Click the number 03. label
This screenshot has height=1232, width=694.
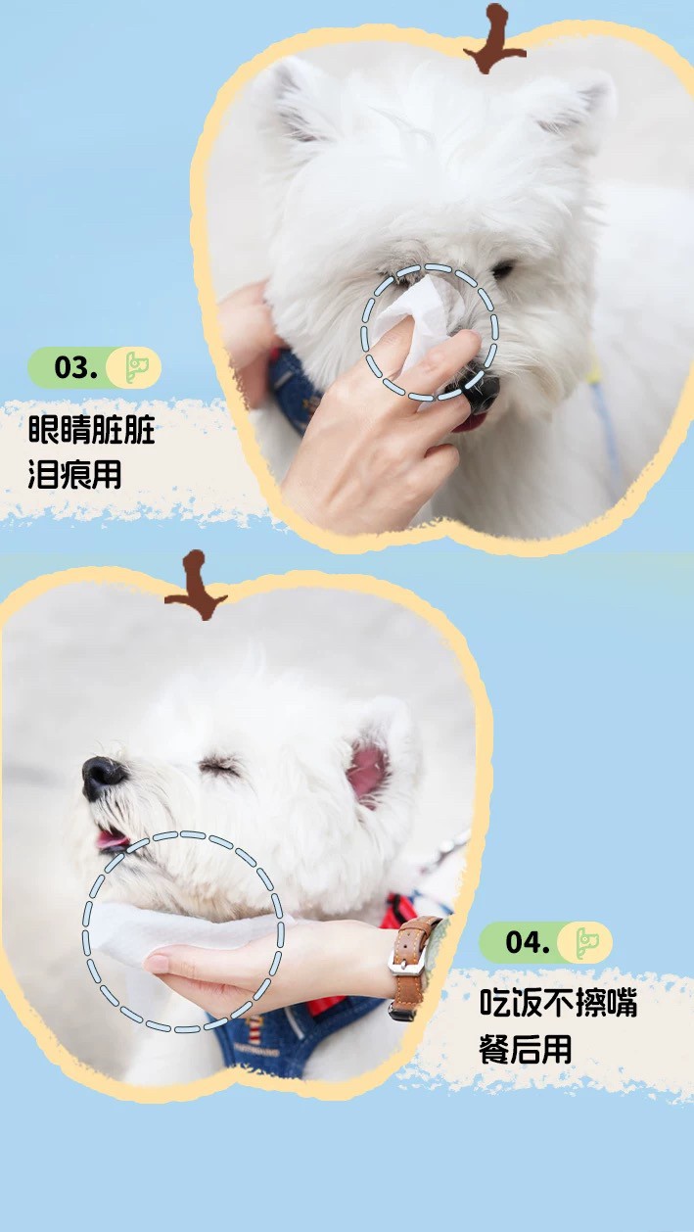click(76, 367)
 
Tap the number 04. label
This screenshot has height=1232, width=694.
click(528, 941)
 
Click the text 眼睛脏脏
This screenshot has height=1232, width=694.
click(91, 430)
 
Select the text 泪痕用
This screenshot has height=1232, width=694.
click(74, 474)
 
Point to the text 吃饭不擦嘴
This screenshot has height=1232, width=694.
click(558, 1002)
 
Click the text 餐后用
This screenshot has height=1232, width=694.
click(526, 1048)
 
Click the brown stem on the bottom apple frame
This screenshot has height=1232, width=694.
click(196, 584)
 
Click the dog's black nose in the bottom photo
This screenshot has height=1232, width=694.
click(103, 775)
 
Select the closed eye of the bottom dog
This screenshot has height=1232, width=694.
click(219, 764)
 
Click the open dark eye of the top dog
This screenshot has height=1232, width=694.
click(502, 269)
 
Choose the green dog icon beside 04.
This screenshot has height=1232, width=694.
click(585, 941)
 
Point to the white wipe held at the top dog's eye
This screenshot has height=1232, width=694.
click(409, 320)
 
